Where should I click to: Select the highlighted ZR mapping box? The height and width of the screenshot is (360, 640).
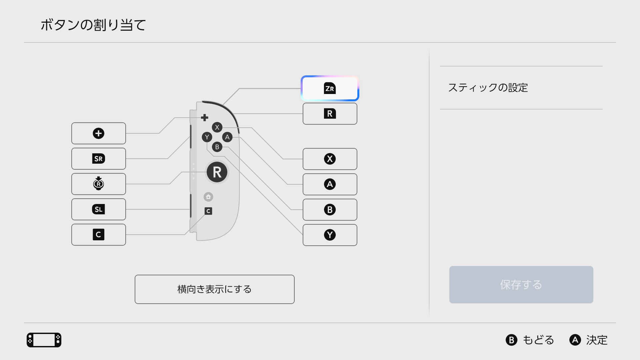pos(330,88)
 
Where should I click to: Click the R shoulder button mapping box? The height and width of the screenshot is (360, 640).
pos(330,114)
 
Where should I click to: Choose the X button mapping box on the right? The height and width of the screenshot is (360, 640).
pos(330,159)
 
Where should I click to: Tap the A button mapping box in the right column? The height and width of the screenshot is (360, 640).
pos(330,184)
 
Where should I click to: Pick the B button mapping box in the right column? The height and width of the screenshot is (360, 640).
pos(330,210)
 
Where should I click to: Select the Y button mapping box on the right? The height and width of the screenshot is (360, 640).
pos(330,235)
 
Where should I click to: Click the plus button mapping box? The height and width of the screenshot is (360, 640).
pos(98,133)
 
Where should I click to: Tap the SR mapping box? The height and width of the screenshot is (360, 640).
pos(98,159)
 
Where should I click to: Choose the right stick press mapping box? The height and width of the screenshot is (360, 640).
pos(98,184)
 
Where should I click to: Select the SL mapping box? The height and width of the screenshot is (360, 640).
pos(98,209)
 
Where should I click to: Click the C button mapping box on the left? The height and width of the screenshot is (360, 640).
pos(98,235)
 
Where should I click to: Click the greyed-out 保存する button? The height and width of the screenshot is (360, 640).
pos(521,285)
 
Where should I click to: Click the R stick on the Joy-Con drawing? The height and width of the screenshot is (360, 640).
pos(217,172)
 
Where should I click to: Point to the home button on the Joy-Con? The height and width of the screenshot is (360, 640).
pos(208,197)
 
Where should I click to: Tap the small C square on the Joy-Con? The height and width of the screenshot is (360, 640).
pos(208,211)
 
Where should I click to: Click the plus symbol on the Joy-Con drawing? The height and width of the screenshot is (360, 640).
pos(205,117)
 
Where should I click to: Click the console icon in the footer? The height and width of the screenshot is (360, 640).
pos(44,340)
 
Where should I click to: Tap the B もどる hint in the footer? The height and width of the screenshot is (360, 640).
pos(530,340)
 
